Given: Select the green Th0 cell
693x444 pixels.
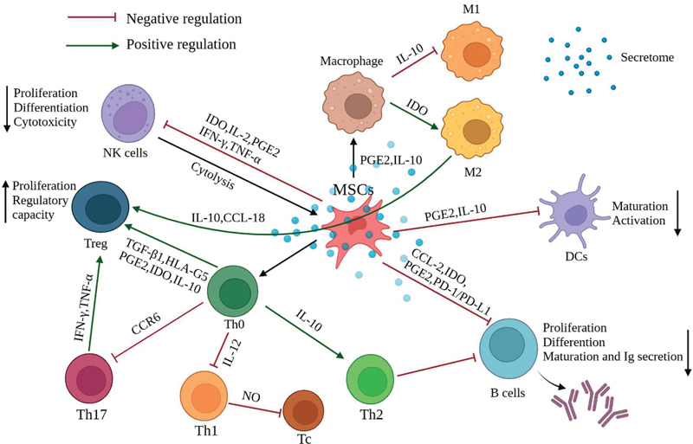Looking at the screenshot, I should tap(233, 292).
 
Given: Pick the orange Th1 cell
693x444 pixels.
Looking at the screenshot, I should tap(205, 396).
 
